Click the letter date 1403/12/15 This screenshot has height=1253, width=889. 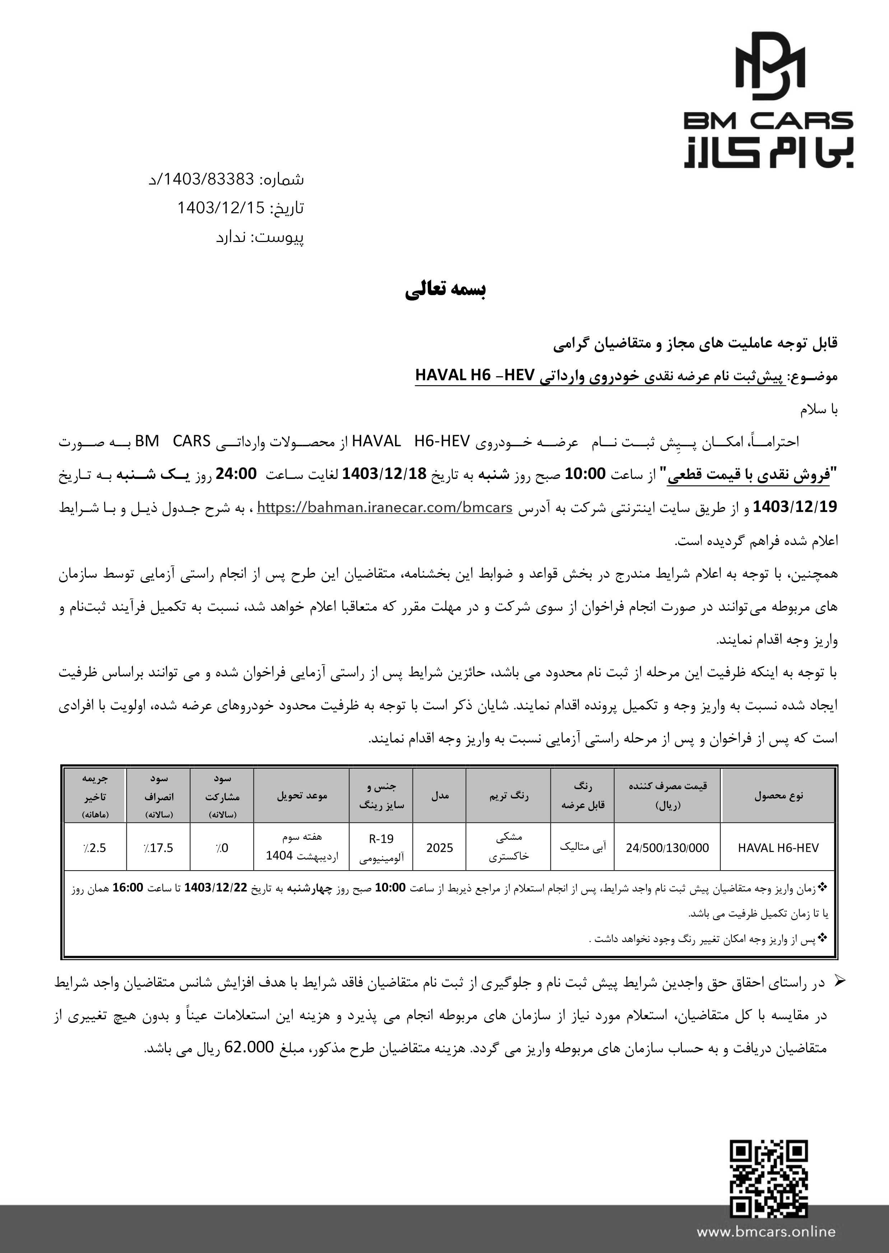(x=221, y=208)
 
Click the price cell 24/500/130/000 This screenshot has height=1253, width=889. (x=667, y=848)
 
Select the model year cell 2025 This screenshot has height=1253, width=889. (x=439, y=848)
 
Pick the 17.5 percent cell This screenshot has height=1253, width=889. (x=158, y=848)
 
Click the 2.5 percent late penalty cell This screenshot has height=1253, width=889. (x=95, y=848)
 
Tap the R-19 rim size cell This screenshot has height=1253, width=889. (x=382, y=839)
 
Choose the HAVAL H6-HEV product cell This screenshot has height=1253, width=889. (x=778, y=848)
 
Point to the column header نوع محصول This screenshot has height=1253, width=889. (x=778, y=795)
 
